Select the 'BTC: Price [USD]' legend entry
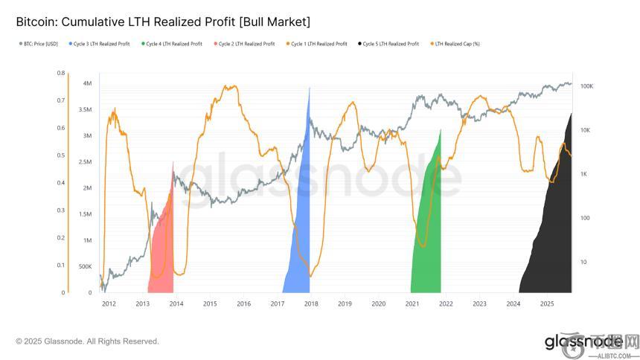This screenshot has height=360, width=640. click(39, 44)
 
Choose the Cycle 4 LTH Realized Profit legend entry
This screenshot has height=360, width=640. click(173, 44)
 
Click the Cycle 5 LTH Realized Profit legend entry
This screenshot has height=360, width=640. click(390, 44)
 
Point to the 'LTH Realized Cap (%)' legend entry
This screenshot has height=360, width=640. click(456, 44)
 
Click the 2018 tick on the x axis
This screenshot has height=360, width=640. click(311, 303)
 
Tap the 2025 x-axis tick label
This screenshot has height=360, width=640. click(546, 303)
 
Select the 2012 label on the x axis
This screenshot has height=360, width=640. click(109, 303)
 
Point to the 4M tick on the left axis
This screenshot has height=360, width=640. click(87, 83)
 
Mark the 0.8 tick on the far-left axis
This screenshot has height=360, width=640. click(60, 73)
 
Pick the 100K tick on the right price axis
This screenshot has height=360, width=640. click(586, 86)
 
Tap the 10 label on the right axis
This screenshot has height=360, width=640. click(583, 262)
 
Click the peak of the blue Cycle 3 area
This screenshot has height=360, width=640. click(309, 89)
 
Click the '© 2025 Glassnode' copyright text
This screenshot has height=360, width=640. click(87, 341)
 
